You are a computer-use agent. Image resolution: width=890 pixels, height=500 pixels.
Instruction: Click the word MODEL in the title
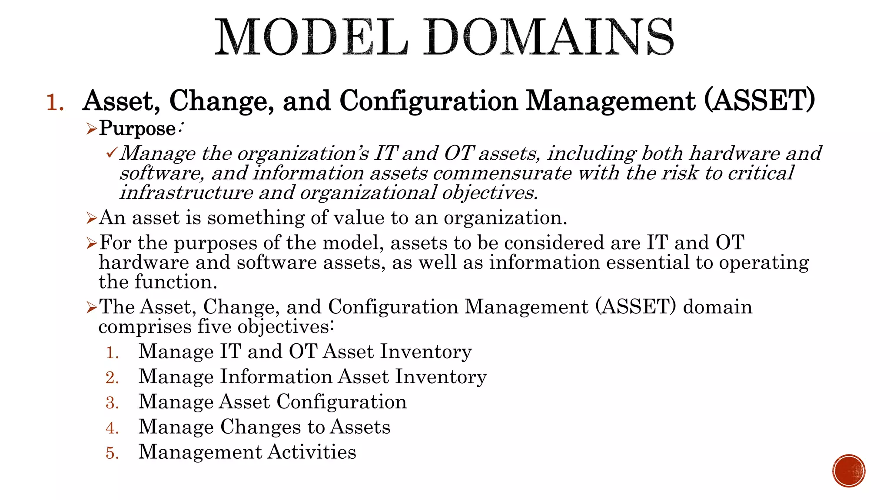pos(311,37)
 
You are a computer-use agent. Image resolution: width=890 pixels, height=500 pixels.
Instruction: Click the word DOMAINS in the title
pos(548,37)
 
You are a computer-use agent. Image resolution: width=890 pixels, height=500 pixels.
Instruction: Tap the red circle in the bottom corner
pos(849,471)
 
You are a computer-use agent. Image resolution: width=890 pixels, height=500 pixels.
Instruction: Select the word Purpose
pos(137,129)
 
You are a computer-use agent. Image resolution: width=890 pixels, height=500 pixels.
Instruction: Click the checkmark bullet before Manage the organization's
pos(111,153)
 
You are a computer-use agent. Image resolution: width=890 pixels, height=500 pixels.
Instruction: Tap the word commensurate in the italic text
pos(502,173)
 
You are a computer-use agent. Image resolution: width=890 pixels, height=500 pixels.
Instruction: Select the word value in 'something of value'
pos(354,218)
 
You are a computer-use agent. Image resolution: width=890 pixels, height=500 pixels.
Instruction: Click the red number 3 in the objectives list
pos(112,403)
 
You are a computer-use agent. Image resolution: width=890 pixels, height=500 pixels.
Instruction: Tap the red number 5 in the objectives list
pos(112,453)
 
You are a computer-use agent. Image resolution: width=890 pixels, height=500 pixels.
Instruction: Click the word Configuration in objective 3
pos(342,402)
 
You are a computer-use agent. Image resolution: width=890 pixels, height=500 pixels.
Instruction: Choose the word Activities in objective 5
pos(312,452)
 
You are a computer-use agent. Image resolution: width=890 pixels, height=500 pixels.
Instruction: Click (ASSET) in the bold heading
pos(759,101)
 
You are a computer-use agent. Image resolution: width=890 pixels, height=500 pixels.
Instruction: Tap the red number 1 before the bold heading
pos(55,103)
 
